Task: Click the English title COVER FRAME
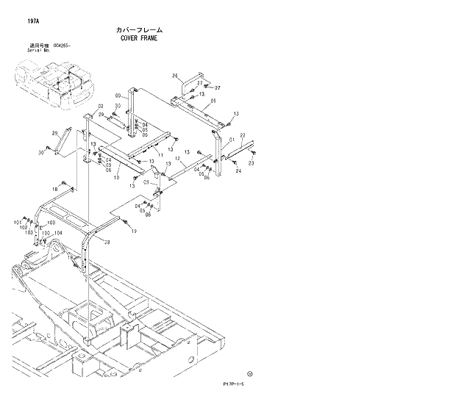click(x=138, y=37)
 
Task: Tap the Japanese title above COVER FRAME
click(x=138, y=29)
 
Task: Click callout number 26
click(x=176, y=76)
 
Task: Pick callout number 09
click(x=213, y=101)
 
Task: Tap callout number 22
click(x=242, y=136)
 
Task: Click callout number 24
click(x=238, y=170)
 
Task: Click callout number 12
click(x=177, y=159)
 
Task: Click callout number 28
click(x=107, y=242)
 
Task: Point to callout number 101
click(x=17, y=222)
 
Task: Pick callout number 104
click(x=58, y=234)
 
